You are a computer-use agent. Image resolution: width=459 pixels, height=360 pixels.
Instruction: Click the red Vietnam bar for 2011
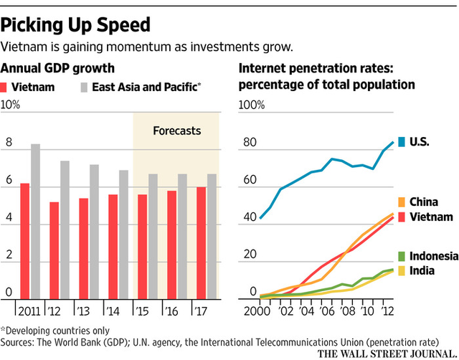click(24, 241)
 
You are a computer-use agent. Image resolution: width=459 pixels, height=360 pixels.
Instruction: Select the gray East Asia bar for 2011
click(35, 222)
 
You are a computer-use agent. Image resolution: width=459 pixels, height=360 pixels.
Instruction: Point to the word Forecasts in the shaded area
click(176, 131)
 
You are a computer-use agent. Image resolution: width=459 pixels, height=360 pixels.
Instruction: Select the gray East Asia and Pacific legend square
click(83, 87)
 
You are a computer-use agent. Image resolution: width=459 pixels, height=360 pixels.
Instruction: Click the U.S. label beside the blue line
click(418, 141)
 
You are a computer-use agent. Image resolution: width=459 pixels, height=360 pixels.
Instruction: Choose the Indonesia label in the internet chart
click(427, 256)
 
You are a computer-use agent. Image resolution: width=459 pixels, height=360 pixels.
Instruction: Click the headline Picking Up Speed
click(76, 24)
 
